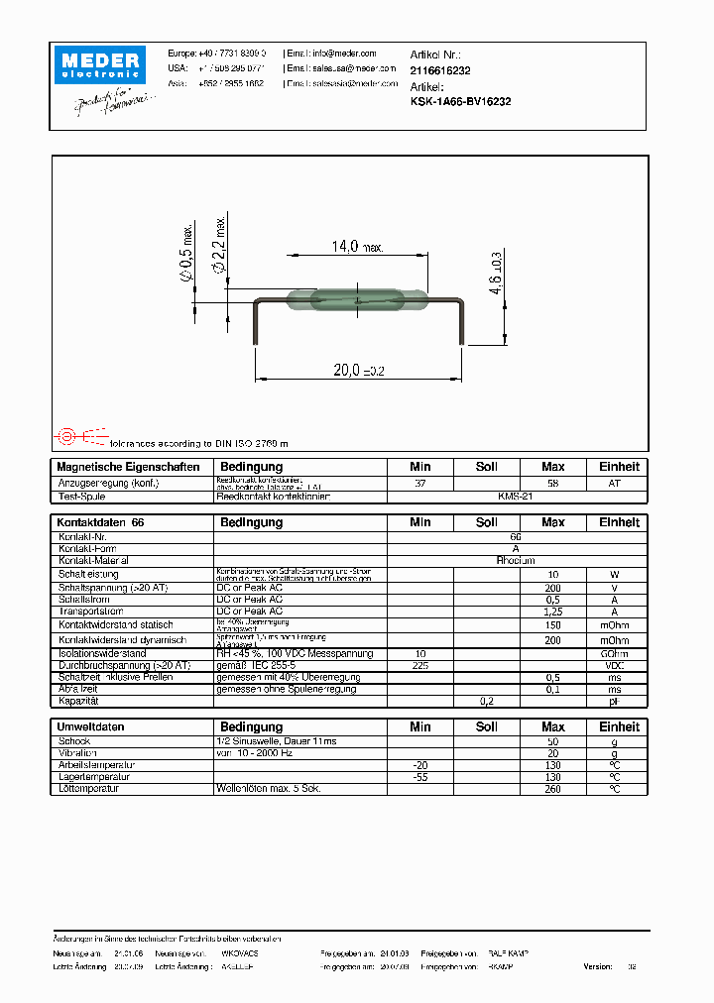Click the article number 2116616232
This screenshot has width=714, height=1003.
click(440, 71)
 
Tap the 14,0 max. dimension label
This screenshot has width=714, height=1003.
click(357, 248)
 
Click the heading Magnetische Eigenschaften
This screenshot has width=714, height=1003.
click(129, 467)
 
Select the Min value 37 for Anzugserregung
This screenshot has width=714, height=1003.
click(420, 483)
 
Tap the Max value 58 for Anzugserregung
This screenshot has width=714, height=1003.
click(552, 483)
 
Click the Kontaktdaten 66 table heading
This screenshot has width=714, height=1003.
click(101, 522)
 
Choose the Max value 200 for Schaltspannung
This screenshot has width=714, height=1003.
click(552, 588)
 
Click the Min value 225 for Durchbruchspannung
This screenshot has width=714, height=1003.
click(420, 665)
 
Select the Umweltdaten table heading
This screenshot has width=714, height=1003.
click(91, 726)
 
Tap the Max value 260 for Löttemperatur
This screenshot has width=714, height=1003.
click(552, 789)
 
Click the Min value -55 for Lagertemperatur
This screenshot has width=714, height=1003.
click(420, 777)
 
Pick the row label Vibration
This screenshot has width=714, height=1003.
click(78, 753)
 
